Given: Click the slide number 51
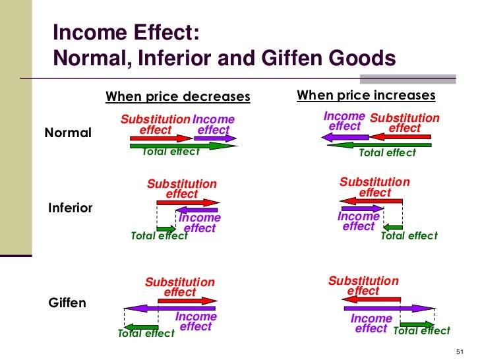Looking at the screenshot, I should click(460, 350).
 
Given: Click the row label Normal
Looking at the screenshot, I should click(68, 133).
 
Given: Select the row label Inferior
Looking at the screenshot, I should click(71, 208).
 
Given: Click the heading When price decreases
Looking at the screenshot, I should click(178, 97).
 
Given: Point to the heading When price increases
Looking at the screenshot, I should click(366, 96).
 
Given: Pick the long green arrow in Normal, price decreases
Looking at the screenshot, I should click(183, 146).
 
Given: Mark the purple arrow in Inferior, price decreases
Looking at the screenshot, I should click(196, 210).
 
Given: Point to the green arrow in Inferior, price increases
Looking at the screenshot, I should click(393, 228).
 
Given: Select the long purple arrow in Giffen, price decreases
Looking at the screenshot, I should click(169, 308).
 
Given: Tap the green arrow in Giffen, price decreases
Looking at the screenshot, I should click(140, 326).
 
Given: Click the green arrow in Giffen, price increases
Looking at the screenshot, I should click(417, 324).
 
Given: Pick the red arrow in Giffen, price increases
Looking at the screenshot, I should click(371, 299).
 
